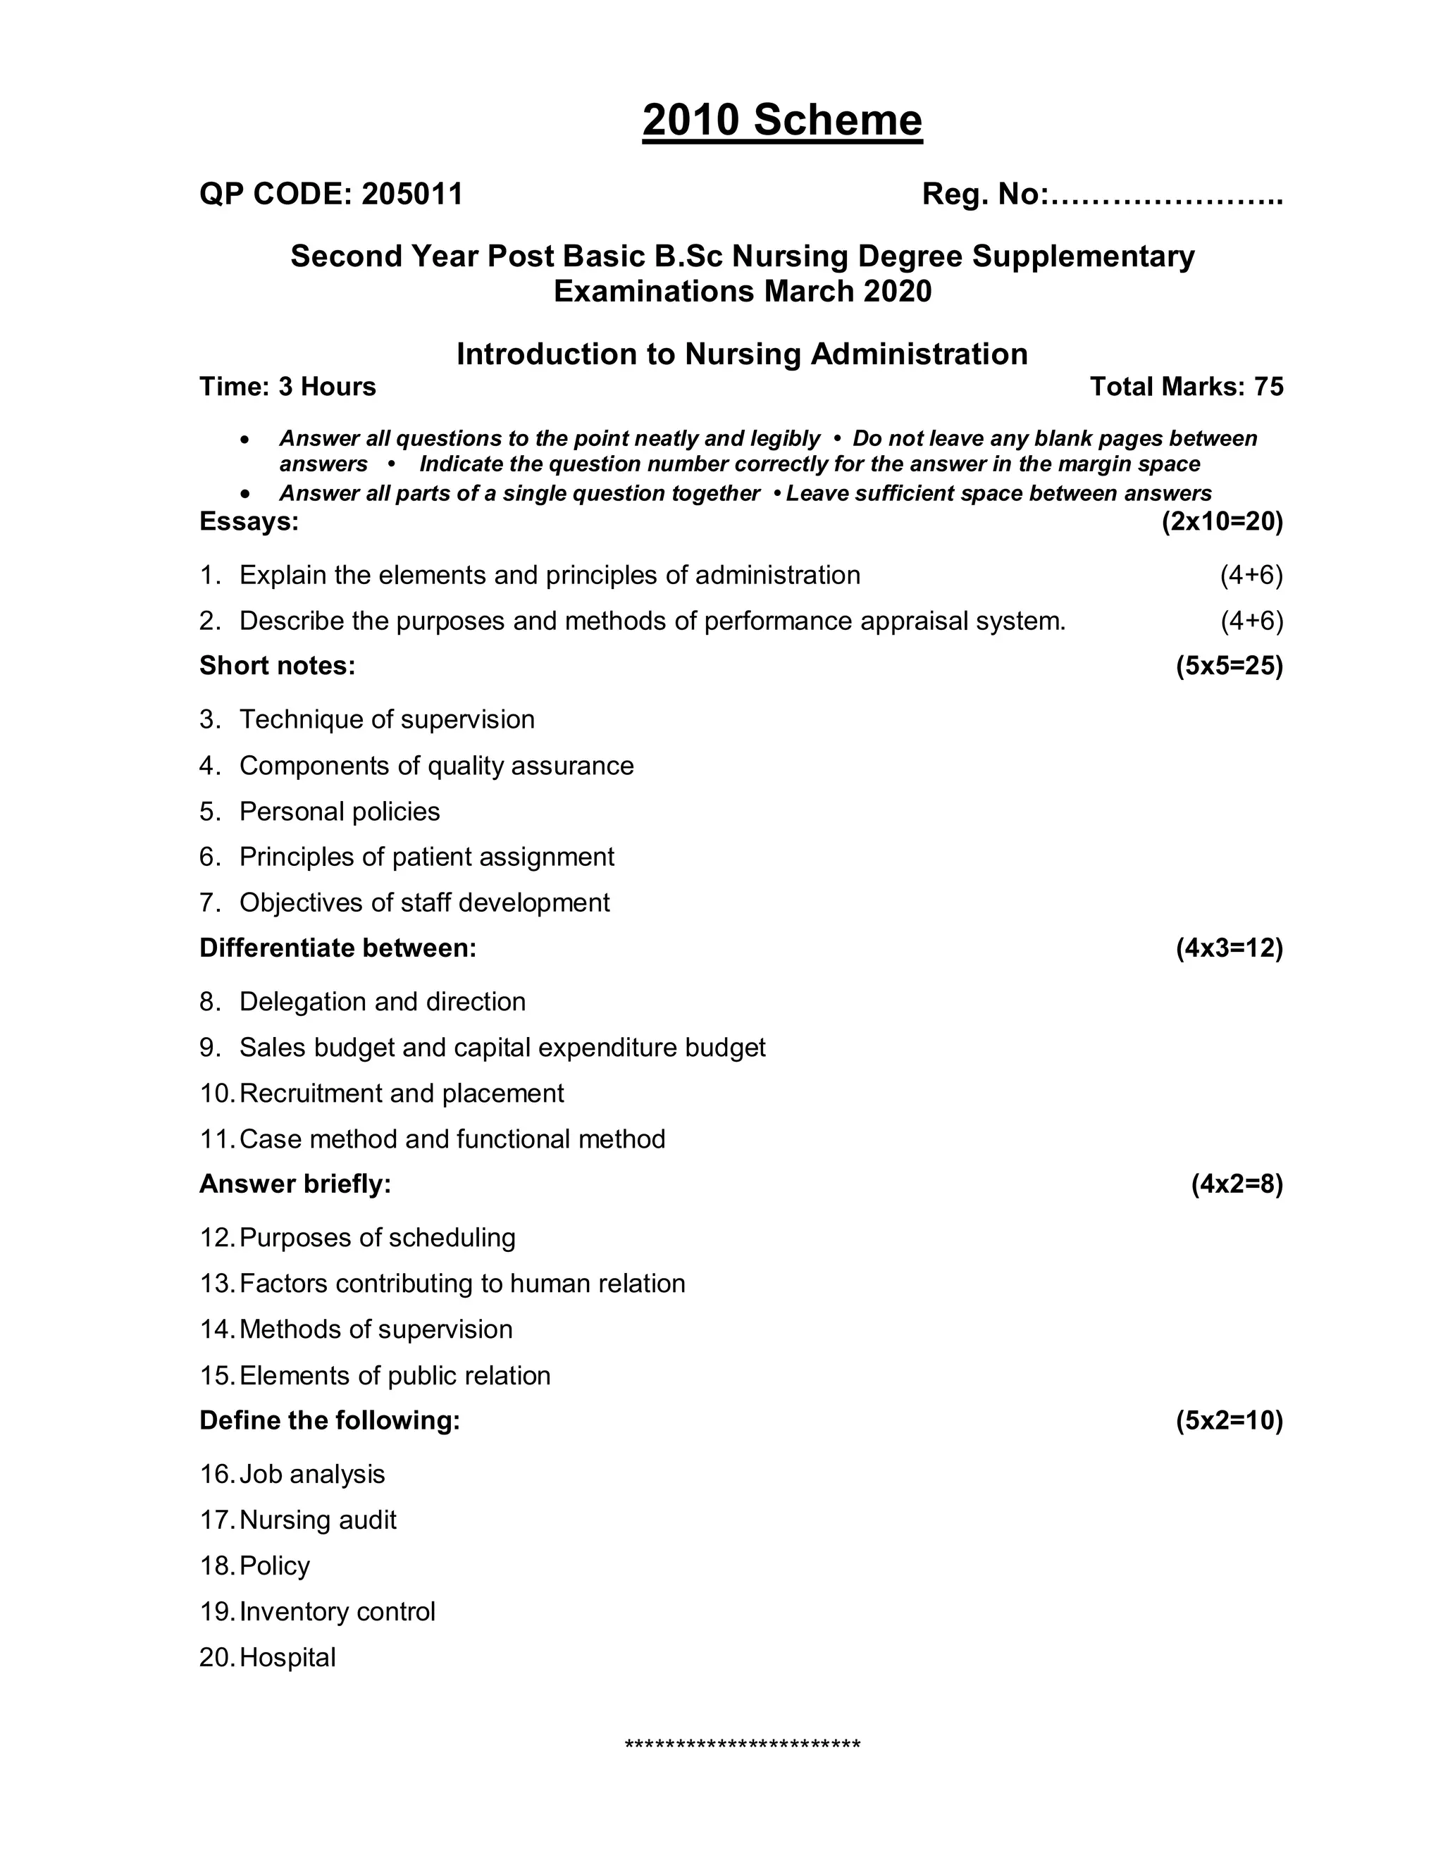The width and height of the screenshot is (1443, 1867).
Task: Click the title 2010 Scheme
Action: click(781, 120)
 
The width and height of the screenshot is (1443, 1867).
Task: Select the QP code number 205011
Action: click(412, 194)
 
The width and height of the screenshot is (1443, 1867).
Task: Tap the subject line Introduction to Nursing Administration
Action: click(741, 354)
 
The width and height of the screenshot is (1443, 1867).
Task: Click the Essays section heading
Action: click(249, 521)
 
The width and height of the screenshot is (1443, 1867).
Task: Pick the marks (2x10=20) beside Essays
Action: click(1222, 521)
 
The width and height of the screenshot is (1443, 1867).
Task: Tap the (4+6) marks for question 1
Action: click(1251, 576)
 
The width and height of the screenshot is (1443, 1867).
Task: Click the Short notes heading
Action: click(277, 666)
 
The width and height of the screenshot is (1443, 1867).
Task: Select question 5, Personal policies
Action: click(340, 811)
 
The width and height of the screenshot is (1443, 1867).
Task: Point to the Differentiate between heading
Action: click(337, 948)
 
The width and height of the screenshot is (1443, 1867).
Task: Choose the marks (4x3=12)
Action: click(1228, 948)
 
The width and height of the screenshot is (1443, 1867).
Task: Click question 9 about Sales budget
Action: click(502, 1048)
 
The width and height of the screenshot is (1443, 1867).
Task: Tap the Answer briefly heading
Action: click(295, 1184)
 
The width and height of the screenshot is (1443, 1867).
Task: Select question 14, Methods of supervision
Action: click(376, 1329)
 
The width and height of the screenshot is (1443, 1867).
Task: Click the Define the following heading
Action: click(329, 1421)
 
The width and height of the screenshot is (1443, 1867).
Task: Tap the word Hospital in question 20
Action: click(287, 1658)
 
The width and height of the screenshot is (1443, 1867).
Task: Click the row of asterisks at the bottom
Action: click(742, 1746)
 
